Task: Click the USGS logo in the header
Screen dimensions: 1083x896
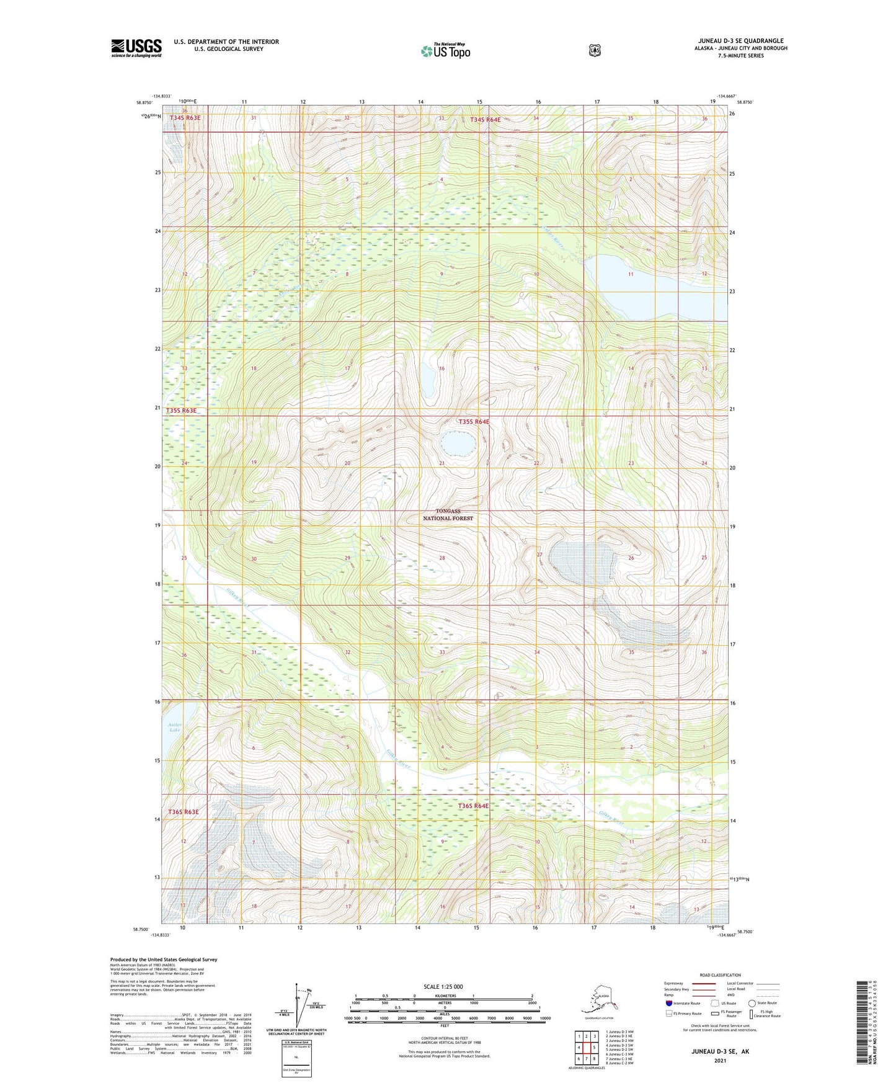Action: tap(136, 48)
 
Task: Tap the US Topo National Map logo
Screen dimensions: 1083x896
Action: tap(445, 51)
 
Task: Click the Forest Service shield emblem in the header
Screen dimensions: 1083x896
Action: tap(594, 50)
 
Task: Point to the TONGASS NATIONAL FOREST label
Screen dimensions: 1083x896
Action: tap(448, 515)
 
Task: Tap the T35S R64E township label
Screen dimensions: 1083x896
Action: tap(474, 422)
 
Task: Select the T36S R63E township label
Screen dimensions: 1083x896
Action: tap(184, 812)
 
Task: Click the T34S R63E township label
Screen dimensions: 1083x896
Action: tap(185, 118)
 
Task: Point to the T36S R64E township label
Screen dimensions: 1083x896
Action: tap(474, 806)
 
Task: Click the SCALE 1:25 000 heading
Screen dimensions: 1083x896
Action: tap(443, 987)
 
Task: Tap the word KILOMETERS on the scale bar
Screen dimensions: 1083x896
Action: tap(444, 996)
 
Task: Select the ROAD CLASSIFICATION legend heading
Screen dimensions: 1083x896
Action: tap(719, 976)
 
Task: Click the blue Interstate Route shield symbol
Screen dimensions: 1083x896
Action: tap(668, 1003)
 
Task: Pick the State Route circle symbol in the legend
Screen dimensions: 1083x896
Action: tap(752, 1003)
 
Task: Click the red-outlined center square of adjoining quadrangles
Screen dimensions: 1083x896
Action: tap(587, 1048)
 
